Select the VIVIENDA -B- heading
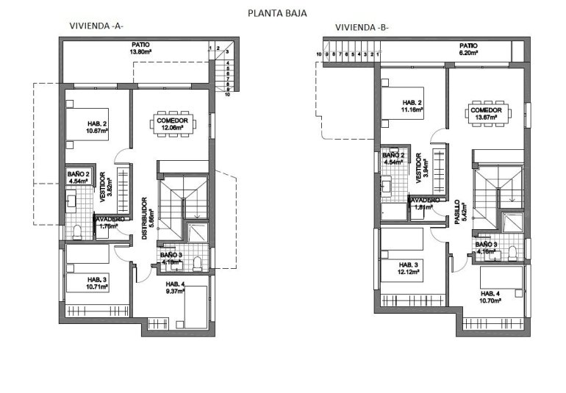[x=362, y=28]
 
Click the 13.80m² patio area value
[x=140, y=52]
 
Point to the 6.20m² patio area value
[x=468, y=53]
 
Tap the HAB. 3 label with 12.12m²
[x=409, y=264]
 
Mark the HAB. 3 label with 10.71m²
[x=98, y=280]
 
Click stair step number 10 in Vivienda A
[x=228, y=95]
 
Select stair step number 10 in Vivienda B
[x=320, y=54]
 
